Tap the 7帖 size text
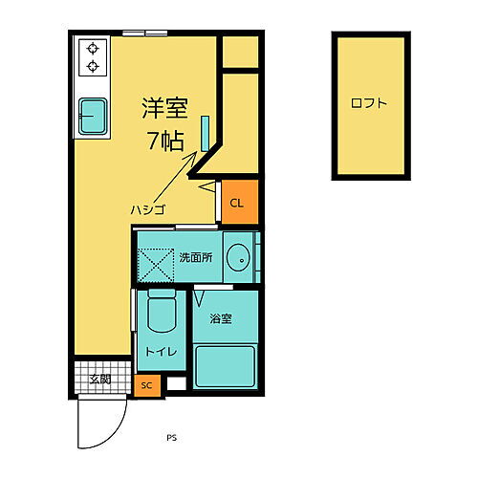click(166, 141)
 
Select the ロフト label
click(369, 104)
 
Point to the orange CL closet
click(238, 203)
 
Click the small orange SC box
click(146, 385)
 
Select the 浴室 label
click(220, 318)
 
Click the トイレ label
click(160, 352)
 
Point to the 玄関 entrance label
click(99, 380)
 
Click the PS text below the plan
click(171, 439)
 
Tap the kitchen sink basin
click(93, 117)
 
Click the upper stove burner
click(94, 47)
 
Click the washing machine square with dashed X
click(155, 261)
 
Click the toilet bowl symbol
click(160, 312)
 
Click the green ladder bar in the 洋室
click(205, 131)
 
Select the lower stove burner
click(94, 65)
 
